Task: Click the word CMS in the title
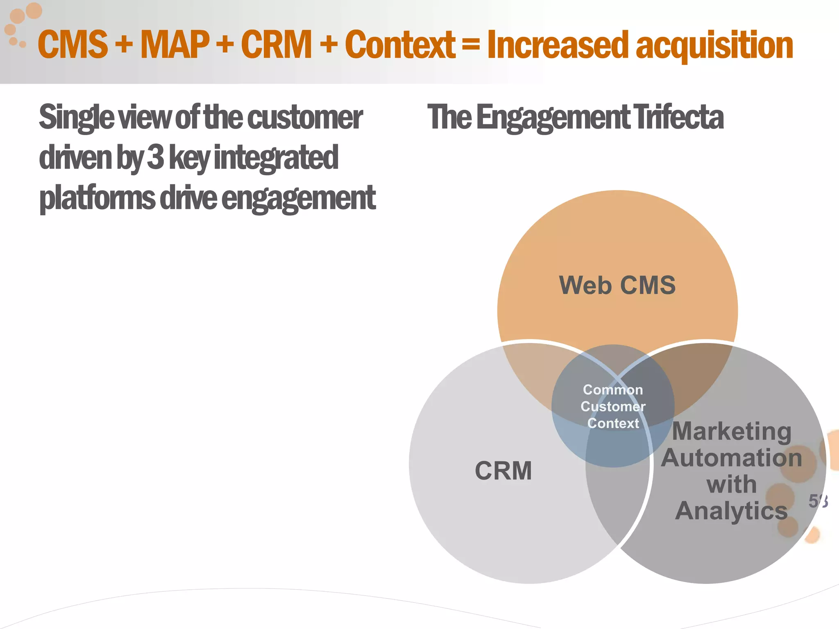coord(73,45)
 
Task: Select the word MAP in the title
coord(175,45)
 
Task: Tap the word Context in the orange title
coord(400,45)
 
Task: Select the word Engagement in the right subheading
coord(553,118)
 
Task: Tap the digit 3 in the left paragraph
coord(155,158)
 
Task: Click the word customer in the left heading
coord(305,118)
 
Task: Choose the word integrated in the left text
coord(276,158)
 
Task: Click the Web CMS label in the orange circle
coord(617,285)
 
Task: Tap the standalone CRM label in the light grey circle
coord(503,471)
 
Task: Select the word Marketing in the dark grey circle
coord(732,432)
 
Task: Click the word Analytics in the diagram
coord(732,511)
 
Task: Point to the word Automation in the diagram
coord(732,458)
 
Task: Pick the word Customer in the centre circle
coord(613,406)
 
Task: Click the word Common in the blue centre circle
coord(613,389)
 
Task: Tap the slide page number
coord(818,501)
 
